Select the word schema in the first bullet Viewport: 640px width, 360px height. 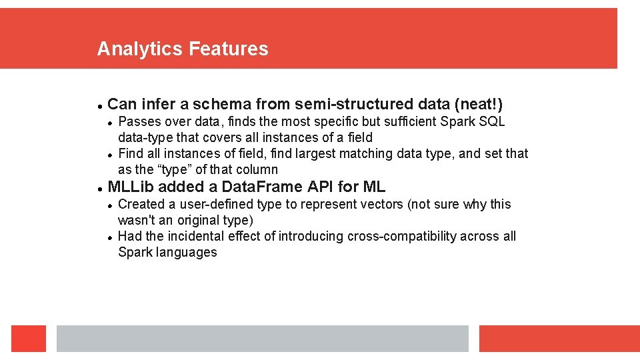pos(221,104)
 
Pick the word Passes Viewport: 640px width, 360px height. pos(139,121)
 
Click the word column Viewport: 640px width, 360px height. pos(257,169)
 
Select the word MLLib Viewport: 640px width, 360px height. pos(131,187)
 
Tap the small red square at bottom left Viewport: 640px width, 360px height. pos(29,338)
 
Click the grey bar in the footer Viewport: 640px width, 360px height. pos(262,338)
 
